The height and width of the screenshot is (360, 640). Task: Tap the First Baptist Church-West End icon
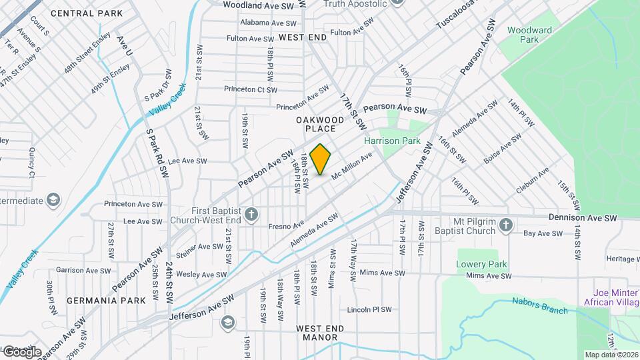(x=251, y=214)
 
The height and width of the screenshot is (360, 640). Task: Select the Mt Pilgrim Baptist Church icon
(x=506, y=225)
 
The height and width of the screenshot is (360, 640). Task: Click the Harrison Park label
(x=391, y=141)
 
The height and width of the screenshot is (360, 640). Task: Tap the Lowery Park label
(x=479, y=265)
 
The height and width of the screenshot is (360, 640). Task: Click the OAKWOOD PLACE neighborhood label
(x=320, y=124)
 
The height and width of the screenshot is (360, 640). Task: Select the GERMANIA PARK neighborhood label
(x=97, y=301)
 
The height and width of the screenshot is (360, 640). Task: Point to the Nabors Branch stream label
(x=540, y=305)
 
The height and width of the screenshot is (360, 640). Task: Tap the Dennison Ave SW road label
(x=583, y=218)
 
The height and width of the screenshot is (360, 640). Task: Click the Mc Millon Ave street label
(x=351, y=167)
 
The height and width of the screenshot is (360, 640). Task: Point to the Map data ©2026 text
(x=611, y=355)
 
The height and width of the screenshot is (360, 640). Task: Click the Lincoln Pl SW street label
(x=369, y=310)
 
